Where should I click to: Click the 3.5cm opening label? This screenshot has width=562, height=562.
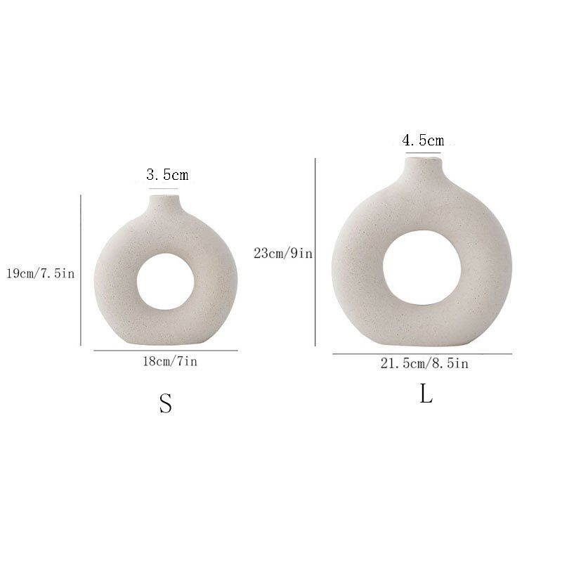click(x=167, y=175)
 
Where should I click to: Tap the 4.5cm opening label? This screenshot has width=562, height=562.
click(x=423, y=140)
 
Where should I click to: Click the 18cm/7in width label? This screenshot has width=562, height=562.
click(x=166, y=362)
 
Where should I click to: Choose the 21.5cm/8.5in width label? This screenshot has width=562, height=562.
click(x=423, y=363)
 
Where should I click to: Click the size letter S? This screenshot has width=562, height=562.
click(x=166, y=403)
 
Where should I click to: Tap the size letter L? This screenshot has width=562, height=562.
click(x=426, y=394)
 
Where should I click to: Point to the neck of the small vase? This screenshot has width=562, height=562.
click(x=166, y=204)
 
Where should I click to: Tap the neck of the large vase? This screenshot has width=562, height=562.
click(x=421, y=169)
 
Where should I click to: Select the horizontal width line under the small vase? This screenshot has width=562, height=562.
click(x=166, y=351)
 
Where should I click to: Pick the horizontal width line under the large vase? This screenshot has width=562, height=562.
click(x=421, y=354)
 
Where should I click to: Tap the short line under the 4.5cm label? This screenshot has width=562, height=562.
click(x=421, y=152)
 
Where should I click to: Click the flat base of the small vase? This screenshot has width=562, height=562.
click(x=166, y=343)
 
